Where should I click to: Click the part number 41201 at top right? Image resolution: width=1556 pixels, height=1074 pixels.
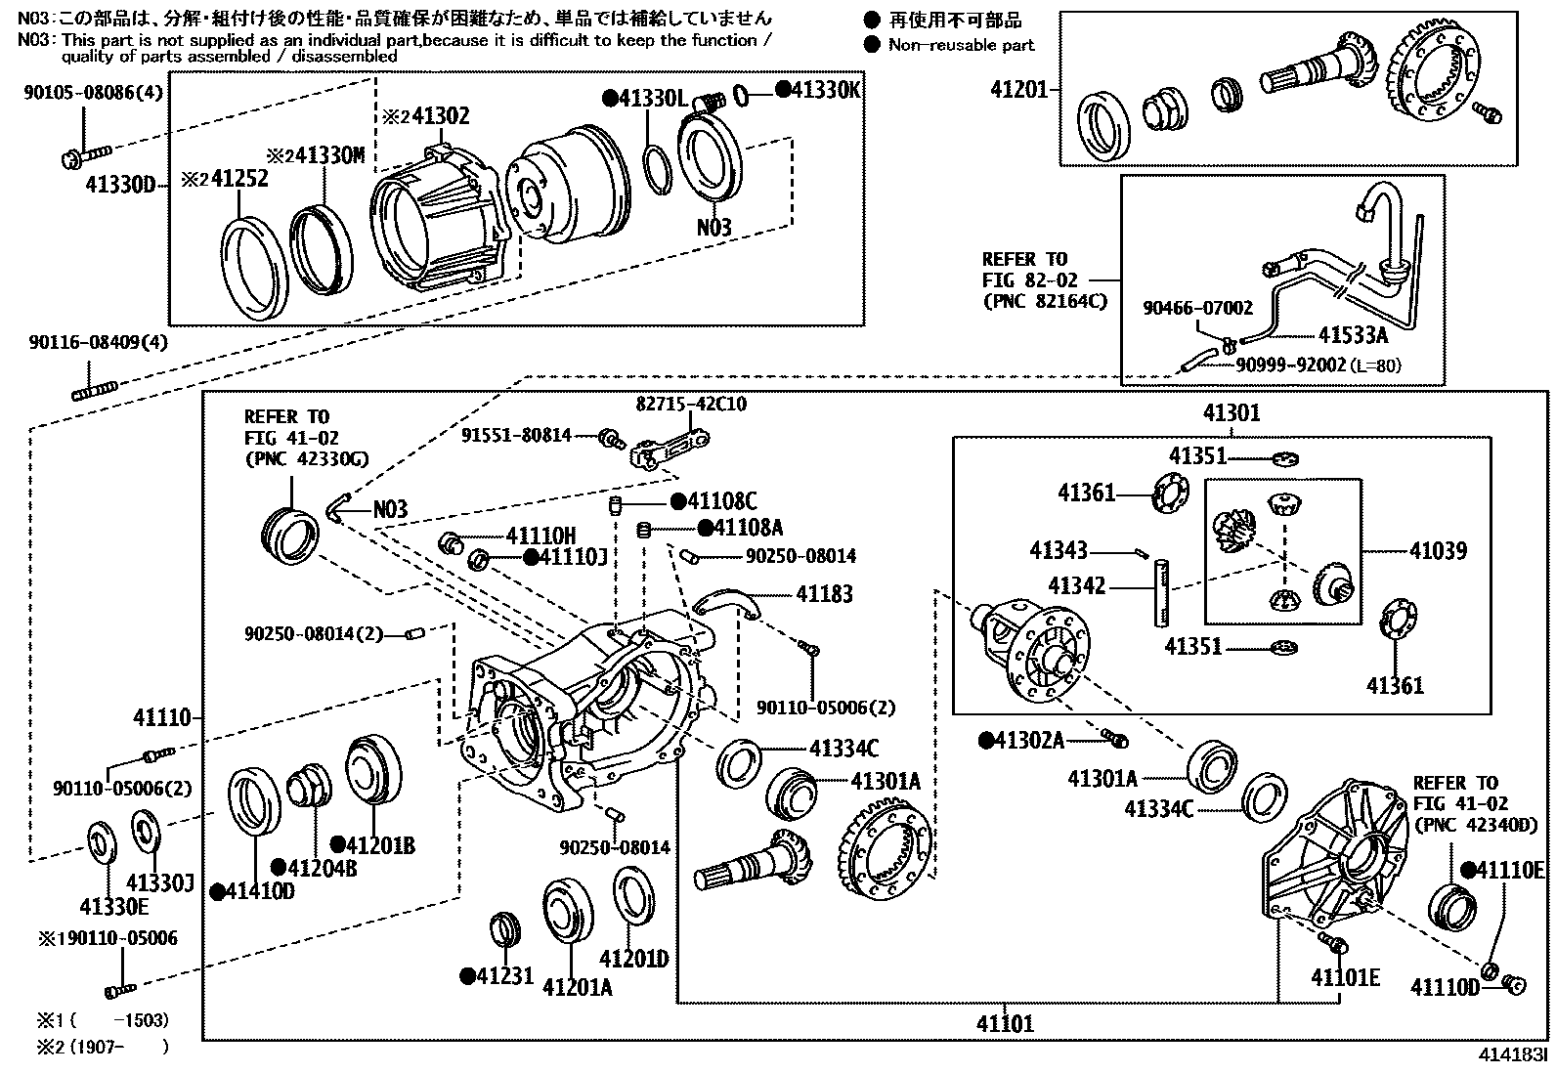pyautogui.click(x=1017, y=90)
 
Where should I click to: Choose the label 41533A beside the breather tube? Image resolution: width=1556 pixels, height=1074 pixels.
pyautogui.click(x=1352, y=335)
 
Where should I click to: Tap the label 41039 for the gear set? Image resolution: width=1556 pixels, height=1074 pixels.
pyautogui.click(x=1437, y=551)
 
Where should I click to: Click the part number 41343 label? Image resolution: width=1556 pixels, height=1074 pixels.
pyautogui.click(x=1059, y=551)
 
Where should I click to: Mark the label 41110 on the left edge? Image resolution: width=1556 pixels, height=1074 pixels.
pyautogui.click(x=163, y=718)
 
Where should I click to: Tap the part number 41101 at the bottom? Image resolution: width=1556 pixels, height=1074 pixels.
pyautogui.click(x=1004, y=1024)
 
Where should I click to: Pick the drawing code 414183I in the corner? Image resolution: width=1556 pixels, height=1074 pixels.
pyautogui.click(x=1512, y=1055)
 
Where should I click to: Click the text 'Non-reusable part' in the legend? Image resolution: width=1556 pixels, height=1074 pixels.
pyautogui.click(x=960, y=45)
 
